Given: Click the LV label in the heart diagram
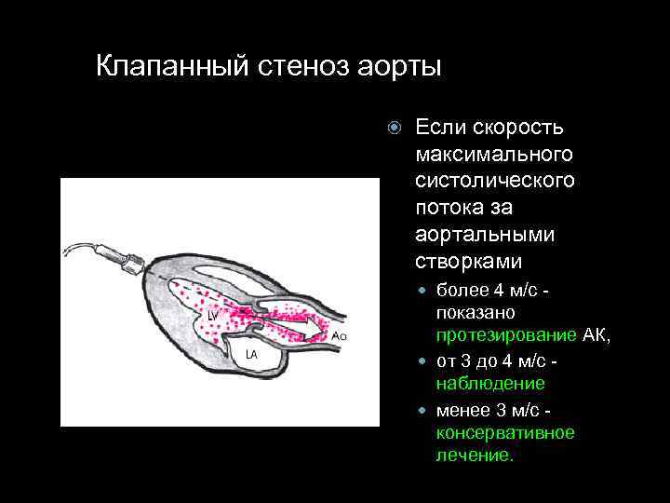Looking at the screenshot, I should [x=213, y=316].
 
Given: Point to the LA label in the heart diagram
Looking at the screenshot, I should [x=251, y=355].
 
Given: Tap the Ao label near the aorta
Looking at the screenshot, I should [x=340, y=334].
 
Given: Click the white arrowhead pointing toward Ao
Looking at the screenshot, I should [x=316, y=330].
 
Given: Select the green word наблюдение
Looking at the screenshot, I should [x=490, y=384].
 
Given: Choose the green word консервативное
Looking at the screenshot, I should [x=505, y=432].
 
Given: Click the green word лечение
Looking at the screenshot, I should [x=474, y=456].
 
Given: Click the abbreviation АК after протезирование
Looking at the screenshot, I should [x=595, y=335].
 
